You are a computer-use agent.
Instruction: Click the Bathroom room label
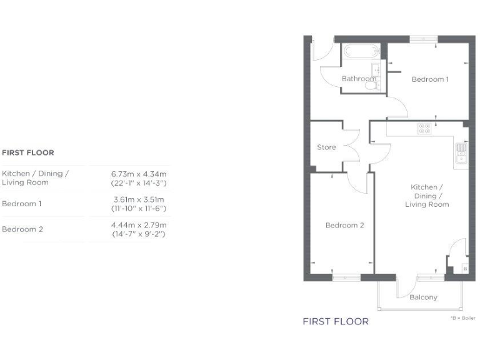(358, 79)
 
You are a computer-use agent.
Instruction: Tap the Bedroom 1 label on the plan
(430, 79)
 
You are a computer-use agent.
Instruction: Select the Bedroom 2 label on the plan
(344, 226)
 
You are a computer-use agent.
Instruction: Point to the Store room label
(326, 147)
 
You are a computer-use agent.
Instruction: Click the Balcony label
(423, 297)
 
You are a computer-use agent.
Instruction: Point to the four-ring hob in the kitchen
(424, 127)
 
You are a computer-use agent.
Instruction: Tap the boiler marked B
(464, 269)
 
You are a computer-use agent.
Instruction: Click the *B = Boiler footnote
(462, 318)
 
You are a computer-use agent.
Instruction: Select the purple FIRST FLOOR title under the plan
(336, 322)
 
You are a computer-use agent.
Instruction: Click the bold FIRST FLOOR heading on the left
(28, 152)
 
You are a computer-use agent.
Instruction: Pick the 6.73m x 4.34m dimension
(139, 174)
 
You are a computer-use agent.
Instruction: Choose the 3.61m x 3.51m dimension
(139, 199)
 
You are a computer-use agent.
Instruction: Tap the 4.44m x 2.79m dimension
(139, 225)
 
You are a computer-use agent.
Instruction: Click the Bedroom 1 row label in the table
(22, 204)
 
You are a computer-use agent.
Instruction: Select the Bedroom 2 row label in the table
(22, 229)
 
